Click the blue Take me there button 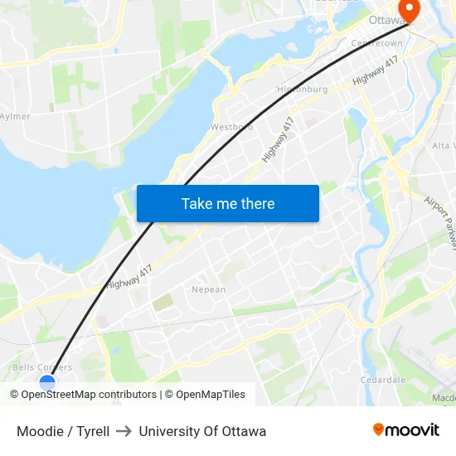pyautogui.click(x=228, y=203)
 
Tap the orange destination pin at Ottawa pyautogui.click(x=409, y=7)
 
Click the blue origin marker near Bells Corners pyautogui.click(x=47, y=383)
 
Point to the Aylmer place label pyautogui.click(x=15, y=117)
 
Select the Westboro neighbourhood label pyautogui.click(x=231, y=127)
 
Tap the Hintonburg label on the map pyautogui.click(x=302, y=89)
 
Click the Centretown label pyautogui.click(x=376, y=43)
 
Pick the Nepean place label pyautogui.click(x=208, y=290)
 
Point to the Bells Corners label pyautogui.click(x=42, y=367)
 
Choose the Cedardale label pyautogui.click(x=382, y=380)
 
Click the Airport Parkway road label pyautogui.click(x=439, y=221)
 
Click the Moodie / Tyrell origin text pyautogui.click(x=63, y=431)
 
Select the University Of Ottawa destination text pyautogui.click(x=202, y=431)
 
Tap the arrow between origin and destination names pyautogui.click(x=124, y=431)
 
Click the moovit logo pyautogui.click(x=406, y=429)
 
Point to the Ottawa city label pyautogui.click(x=383, y=20)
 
